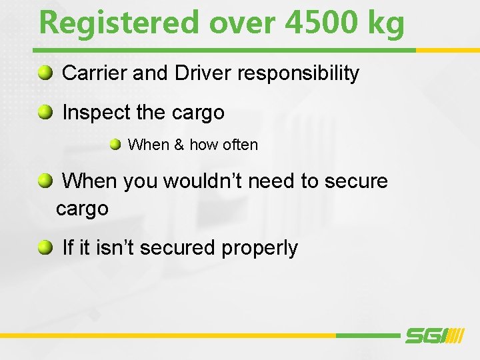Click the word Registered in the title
point(119,23)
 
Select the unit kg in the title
point(385,24)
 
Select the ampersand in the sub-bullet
point(178,145)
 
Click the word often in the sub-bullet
point(241,145)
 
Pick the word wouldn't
point(207,181)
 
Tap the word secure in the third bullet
point(357,181)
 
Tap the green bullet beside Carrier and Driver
point(45,73)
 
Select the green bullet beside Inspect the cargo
point(45,112)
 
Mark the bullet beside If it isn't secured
point(45,247)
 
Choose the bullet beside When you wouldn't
point(45,180)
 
